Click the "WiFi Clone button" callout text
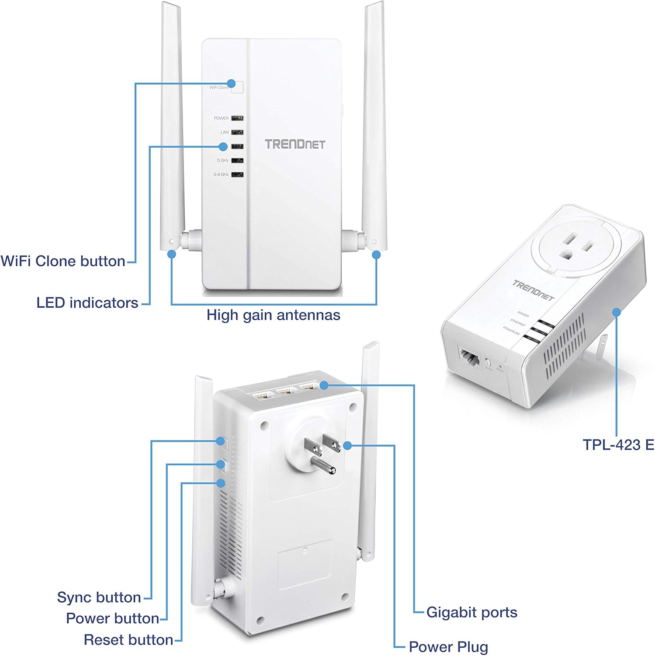tap(63, 261)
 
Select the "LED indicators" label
tap(87, 303)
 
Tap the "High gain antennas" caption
tap(273, 315)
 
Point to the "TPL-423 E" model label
tap(618, 445)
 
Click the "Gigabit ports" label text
tap(471, 612)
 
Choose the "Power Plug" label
tap(448, 647)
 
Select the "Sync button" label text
tap(99, 597)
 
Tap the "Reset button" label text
tap(128, 640)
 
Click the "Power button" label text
tap(112, 618)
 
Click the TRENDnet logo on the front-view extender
tap(295, 144)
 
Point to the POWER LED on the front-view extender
tap(237, 118)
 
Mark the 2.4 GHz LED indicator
tap(237, 174)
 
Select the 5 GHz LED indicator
tap(237, 161)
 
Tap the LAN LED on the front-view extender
tap(237, 132)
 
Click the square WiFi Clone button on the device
tap(237, 87)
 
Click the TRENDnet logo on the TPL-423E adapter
tap(533, 290)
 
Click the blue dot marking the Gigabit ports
tap(324, 385)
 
